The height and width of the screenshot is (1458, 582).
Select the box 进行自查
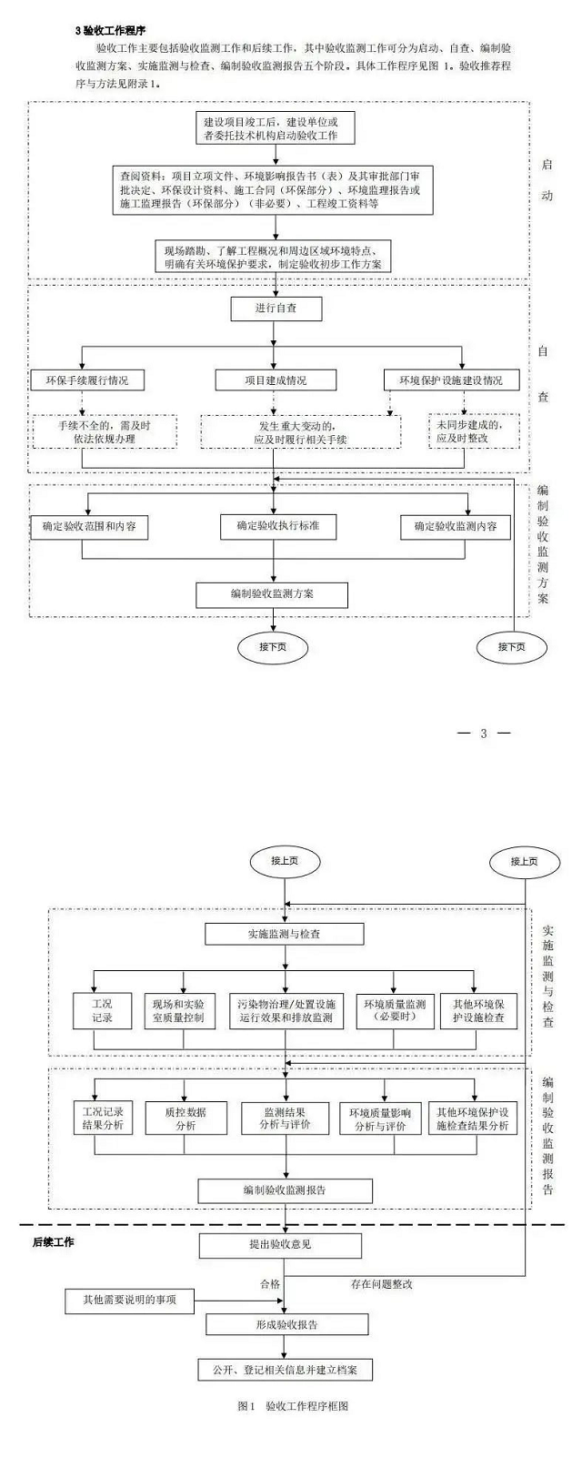click(276, 309)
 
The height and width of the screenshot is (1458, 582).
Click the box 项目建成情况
click(276, 380)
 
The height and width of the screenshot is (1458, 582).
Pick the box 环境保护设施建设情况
click(451, 380)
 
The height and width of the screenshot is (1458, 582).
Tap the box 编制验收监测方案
click(272, 594)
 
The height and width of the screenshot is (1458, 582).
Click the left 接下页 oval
click(273, 647)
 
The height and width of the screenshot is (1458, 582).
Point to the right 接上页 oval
click(524, 861)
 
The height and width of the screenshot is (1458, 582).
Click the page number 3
click(483, 734)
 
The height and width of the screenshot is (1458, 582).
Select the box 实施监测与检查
click(284, 934)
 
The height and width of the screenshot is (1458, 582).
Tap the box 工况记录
click(102, 1011)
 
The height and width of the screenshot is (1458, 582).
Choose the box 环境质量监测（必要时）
click(395, 1011)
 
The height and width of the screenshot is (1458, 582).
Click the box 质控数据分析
click(186, 1119)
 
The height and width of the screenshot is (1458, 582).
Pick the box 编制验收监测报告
click(285, 1190)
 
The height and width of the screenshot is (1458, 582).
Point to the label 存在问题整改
click(382, 1284)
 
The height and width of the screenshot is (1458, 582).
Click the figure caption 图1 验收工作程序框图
click(293, 1406)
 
